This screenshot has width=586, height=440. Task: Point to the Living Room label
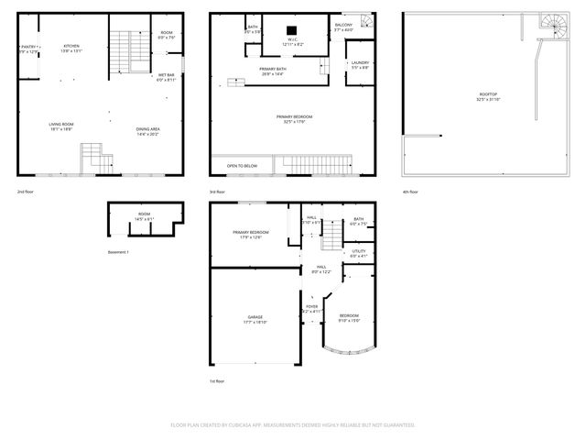point(62,127)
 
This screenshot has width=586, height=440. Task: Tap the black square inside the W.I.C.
point(293,28)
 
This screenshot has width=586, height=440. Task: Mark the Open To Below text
point(242,166)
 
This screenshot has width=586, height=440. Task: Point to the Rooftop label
point(489,96)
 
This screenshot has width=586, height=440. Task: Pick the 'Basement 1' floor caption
point(119,252)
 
